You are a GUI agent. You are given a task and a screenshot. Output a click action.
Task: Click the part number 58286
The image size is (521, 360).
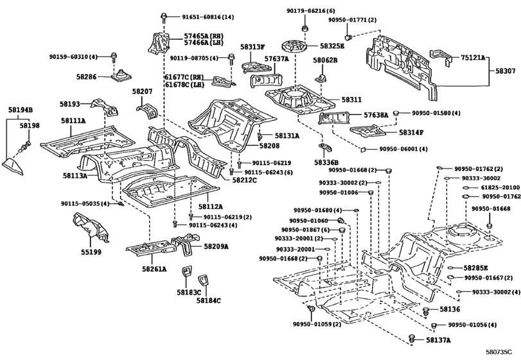click(x=85, y=76)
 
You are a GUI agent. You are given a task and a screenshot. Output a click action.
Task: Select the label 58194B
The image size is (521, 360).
click(x=21, y=110)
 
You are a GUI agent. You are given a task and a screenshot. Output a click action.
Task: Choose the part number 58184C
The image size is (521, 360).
click(x=209, y=300)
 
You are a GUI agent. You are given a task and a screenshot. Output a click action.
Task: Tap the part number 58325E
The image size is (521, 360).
click(x=333, y=46)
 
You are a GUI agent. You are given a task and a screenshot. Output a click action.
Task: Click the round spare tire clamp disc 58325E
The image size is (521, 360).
click(x=295, y=48)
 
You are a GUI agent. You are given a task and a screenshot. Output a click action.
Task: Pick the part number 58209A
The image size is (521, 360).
click(x=216, y=246)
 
